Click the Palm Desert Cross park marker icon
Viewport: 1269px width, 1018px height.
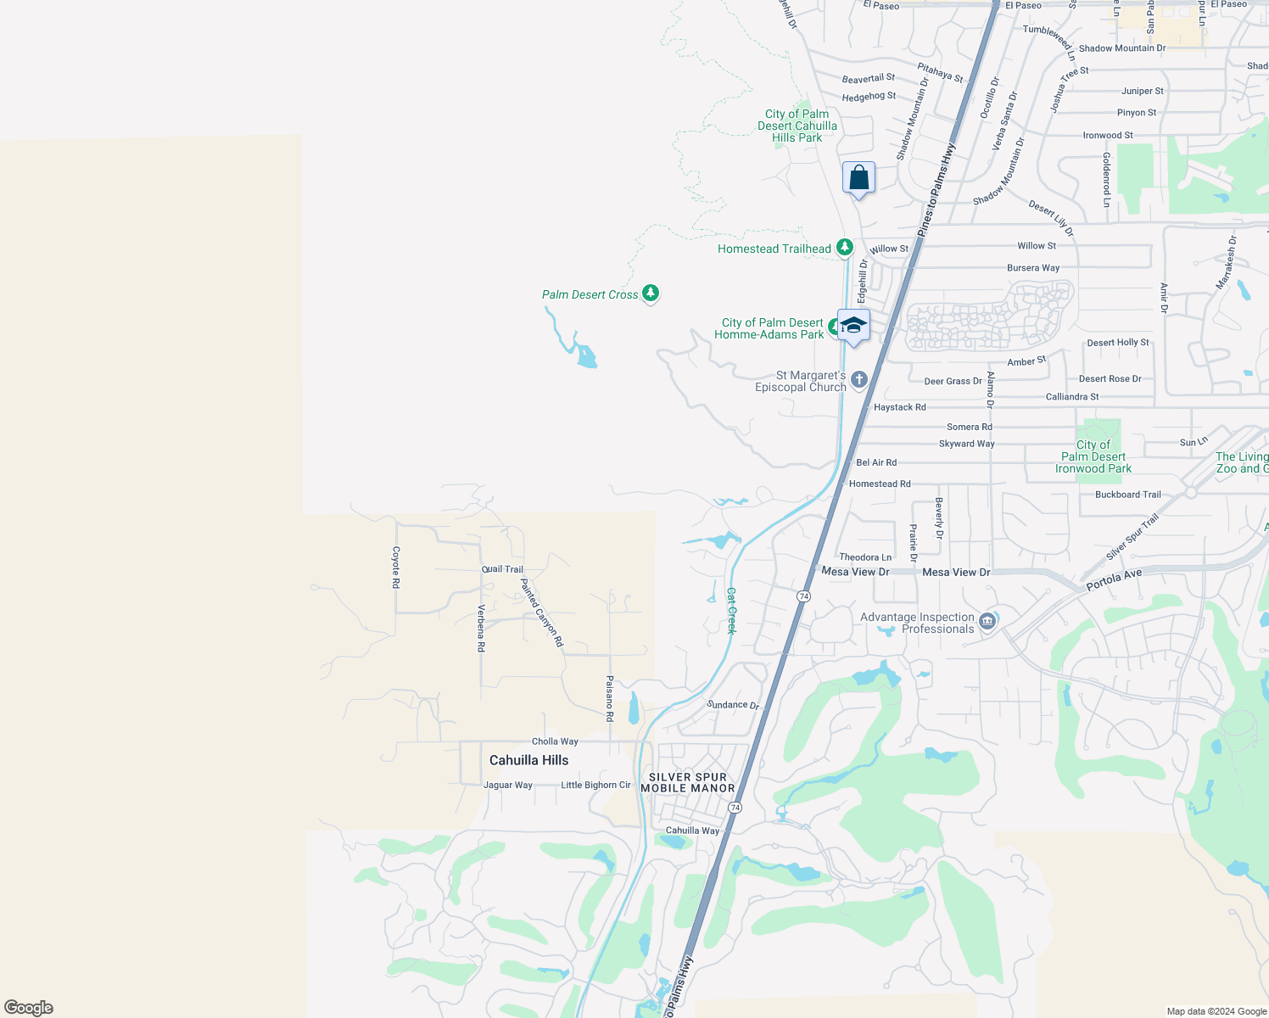tap(651, 294)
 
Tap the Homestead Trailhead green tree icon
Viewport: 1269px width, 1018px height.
tap(844, 247)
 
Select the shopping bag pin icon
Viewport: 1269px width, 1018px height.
tap(858, 178)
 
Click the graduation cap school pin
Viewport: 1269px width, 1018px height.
tap(853, 326)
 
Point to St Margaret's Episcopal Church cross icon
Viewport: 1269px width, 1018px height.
tap(859, 379)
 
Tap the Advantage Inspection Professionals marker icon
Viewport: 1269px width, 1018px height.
tap(987, 622)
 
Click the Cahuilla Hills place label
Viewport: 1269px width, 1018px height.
tap(528, 760)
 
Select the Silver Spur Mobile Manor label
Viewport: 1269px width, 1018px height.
tap(688, 782)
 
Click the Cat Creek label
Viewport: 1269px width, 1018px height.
tap(731, 611)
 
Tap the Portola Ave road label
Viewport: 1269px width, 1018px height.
tap(1115, 580)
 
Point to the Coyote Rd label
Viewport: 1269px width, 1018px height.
tap(396, 567)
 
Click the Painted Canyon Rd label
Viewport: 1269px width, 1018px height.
tap(541, 612)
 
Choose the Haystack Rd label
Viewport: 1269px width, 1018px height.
tap(899, 407)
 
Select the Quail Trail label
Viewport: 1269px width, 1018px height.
tap(502, 569)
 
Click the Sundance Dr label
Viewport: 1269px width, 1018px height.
tap(733, 704)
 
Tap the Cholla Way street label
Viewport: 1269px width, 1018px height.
tap(555, 741)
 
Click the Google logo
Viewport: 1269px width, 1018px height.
tap(29, 1008)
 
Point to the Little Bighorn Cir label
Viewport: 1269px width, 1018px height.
tap(595, 785)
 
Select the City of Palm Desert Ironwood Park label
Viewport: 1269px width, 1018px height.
tap(1093, 456)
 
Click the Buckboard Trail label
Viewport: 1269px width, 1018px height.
tap(1127, 495)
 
